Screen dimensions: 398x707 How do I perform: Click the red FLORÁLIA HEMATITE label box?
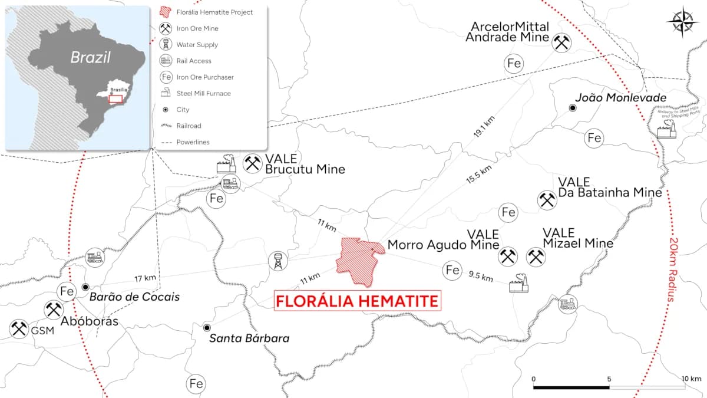coord(358,301)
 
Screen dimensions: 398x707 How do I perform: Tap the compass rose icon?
coord(683,22)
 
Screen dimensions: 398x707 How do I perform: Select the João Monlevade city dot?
coord(573,108)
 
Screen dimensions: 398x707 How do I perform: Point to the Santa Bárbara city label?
coord(250,339)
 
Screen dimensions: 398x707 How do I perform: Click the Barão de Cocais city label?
coord(135,297)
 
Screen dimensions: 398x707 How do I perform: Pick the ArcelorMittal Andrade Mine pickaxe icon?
coord(560,42)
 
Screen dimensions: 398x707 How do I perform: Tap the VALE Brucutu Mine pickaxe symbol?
coord(253,163)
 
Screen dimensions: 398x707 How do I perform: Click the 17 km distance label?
coord(144,278)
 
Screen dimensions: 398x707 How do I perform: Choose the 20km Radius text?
coord(674,270)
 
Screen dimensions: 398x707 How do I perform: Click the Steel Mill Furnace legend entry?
coord(203,93)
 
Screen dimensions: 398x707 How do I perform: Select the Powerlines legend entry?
coord(193,142)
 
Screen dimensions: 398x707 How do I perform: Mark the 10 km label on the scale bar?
coord(691,378)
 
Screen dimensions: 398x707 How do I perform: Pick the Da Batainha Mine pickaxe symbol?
coord(547,200)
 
